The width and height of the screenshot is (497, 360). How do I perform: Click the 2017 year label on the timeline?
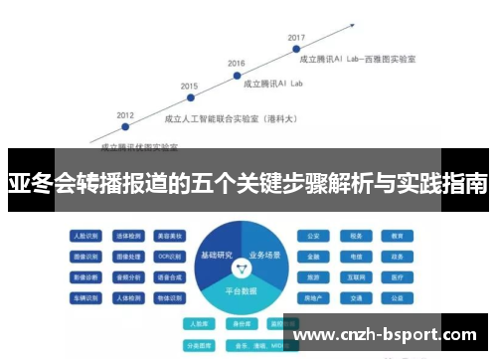pyautogui.click(x=296, y=38)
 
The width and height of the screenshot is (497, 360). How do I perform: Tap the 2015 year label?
pyautogui.click(x=189, y=87)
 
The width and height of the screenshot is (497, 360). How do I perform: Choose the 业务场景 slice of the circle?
pyautogui.click(x=267, y=255)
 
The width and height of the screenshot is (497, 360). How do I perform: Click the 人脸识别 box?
pyautogui.click(x=85, y=237)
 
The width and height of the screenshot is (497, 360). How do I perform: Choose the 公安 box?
pyautogui.click(x=313, y=237)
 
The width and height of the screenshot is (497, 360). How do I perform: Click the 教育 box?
pyautogui.click(x=397, y=237)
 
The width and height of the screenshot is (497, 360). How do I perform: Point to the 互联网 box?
pyautogui.click(x=355, y=276)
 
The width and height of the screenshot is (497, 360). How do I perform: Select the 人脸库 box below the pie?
pyautogui.click(x=200, y=323)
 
